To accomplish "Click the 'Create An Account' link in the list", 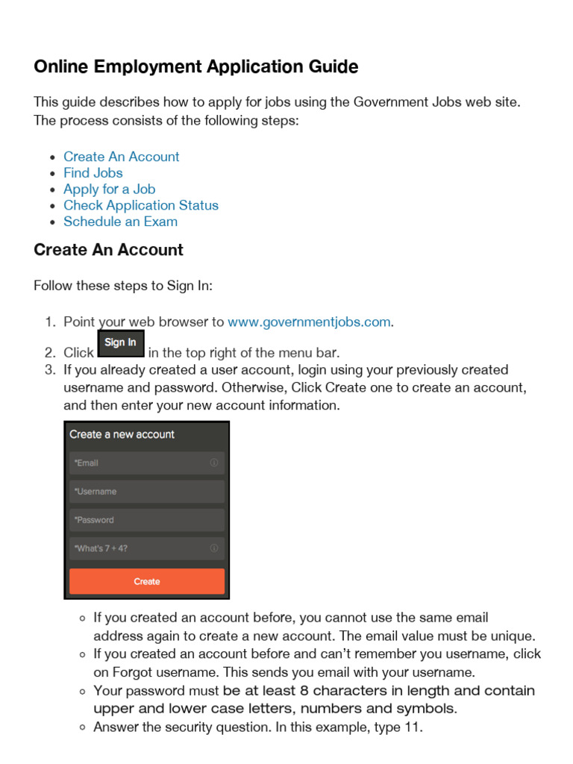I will pos(121,157).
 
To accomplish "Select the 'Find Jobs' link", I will pos(93,173).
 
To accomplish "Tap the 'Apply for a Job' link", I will pos(109,190).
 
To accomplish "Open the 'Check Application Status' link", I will pos(141,205).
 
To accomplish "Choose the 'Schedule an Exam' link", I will pos(120,222).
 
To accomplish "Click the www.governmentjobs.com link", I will pos(309,322).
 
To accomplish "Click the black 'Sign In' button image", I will pos(121,343).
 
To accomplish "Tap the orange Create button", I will pos(147,581).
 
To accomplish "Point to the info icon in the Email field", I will pos(214,463).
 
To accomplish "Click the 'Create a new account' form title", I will pos(122,434).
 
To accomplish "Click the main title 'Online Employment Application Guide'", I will pos(195,67).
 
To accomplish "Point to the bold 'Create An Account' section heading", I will pos(108,250).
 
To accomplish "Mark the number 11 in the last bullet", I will pos(412,727).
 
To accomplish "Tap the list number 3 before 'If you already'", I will pos(50,370).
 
